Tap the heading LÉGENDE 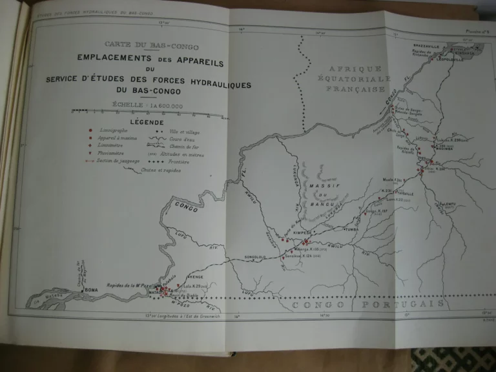click(147, 122)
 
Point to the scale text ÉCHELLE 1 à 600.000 click(147, 105)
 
